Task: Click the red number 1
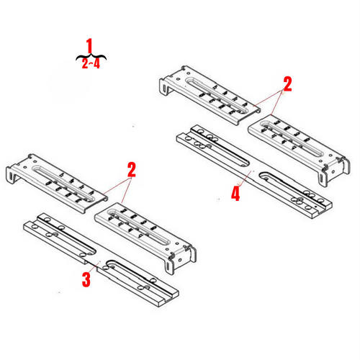click(x=90, y=46)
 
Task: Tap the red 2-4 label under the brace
click(x=90, y=63)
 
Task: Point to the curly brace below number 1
click(x=90, y=55)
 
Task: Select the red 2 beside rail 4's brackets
click(x=287, y=84)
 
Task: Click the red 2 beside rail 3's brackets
click(x=131, y=171)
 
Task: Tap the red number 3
click(x=86, y=279)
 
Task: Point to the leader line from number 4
click(x=243, y=181)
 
